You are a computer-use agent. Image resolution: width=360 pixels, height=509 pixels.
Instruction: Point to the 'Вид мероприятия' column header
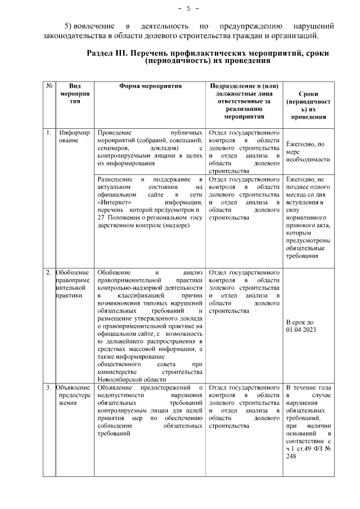(75, 93)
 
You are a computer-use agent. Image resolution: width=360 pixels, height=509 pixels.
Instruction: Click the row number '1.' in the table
(49, 133)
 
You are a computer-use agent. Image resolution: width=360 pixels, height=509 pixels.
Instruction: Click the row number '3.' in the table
(49, 388)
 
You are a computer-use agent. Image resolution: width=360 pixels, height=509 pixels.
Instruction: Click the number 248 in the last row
(291, 457)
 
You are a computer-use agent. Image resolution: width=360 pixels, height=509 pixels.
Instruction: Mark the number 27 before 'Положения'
(102, 218)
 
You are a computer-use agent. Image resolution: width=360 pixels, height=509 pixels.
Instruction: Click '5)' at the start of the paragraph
(69, 26)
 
